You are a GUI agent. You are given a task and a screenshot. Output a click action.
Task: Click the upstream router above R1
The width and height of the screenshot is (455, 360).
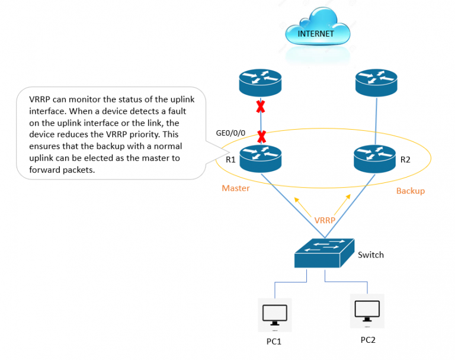261,83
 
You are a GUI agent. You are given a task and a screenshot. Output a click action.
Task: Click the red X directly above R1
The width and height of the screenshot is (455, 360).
261,136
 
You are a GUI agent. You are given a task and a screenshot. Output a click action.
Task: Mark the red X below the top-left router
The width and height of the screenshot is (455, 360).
261,108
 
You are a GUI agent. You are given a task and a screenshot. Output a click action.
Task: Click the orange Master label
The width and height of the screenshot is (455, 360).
236,188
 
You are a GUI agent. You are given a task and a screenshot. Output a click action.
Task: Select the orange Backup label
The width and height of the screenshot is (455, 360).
410,191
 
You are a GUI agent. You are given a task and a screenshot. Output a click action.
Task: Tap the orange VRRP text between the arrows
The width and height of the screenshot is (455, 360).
325,220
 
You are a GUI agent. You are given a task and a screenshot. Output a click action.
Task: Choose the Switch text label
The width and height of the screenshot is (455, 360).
371,255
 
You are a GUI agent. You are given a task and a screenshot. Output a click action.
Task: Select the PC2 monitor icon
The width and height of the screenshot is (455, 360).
367,310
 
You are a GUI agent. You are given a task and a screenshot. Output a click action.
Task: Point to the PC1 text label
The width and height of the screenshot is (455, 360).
274,342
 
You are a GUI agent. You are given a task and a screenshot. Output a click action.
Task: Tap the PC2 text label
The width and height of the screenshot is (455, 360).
368,340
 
